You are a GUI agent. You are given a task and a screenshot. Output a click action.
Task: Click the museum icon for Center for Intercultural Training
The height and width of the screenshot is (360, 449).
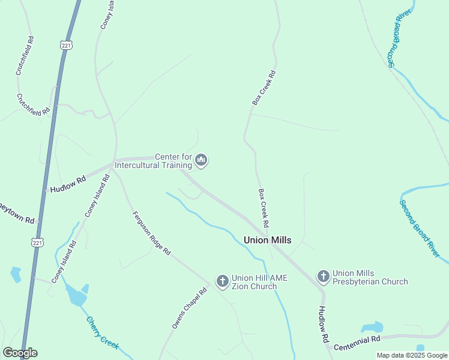pyautogui.click(x=201, y=160)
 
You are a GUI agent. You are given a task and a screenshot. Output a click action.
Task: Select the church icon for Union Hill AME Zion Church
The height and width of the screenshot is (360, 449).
pyautogui.click(x=222, y=280)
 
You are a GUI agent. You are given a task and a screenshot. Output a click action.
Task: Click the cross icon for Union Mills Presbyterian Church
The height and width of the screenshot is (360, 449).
pyautogui.click(x=323, y=276)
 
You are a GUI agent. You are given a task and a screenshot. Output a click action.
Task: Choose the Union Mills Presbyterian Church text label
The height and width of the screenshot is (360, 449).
pyautogui.click(x=370, y=277)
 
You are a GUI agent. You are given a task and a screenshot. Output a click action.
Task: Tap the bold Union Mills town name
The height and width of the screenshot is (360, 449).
pyautogui.click(x=267, y=240)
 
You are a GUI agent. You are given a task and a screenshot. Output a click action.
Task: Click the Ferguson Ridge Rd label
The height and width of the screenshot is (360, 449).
pyautogui.click(x=151, y=234)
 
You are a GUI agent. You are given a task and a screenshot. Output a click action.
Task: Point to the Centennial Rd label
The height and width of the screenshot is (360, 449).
pyautogui.click(x=358, y=340)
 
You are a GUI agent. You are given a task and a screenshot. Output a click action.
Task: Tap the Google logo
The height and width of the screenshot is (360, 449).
pyautogui.click(x=20, y=353)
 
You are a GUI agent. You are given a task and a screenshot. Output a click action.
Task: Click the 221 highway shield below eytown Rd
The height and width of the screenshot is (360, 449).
pyautogui.click(x=37, y=241)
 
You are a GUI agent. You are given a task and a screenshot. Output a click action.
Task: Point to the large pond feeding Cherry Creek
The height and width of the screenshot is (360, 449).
pyautogui.click(x=76, y=295)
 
